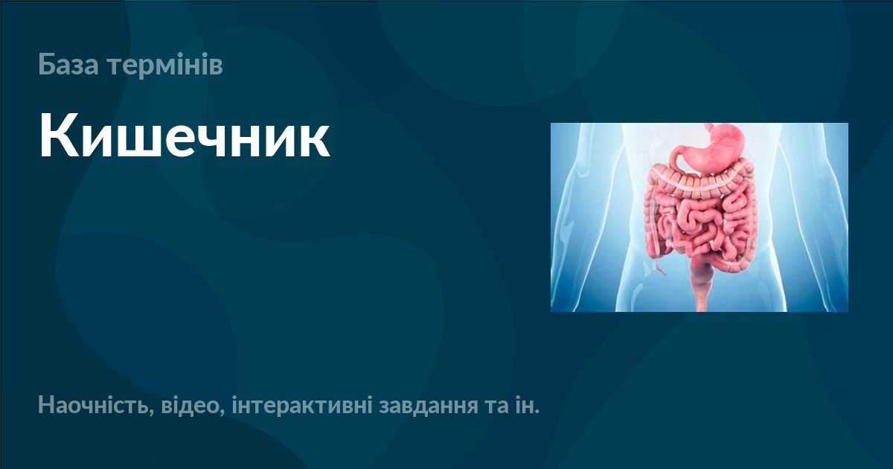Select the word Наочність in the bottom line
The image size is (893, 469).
click(93, 407)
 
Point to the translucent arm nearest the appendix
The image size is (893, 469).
click(569, 223)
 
